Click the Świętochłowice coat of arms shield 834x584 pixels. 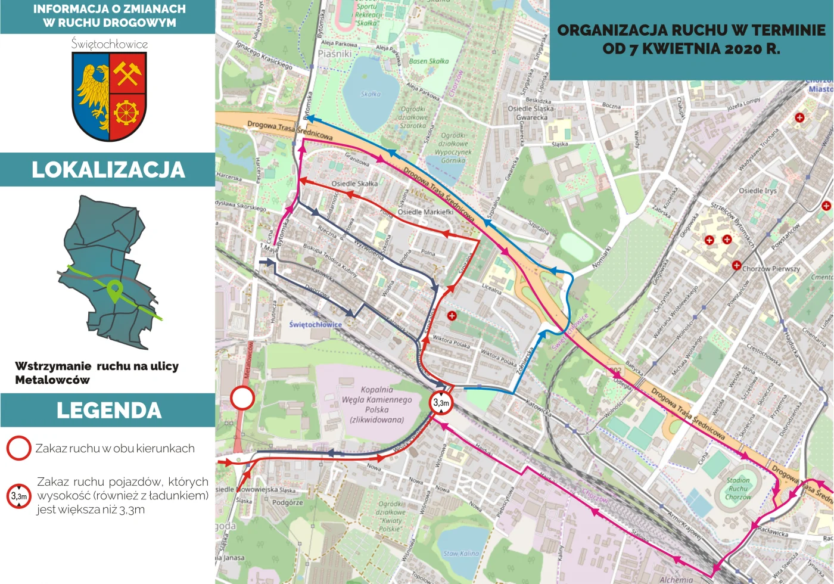109,95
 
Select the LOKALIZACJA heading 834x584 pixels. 108,170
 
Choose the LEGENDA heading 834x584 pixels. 108,411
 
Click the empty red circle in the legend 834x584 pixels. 18,449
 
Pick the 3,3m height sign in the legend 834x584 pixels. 18,496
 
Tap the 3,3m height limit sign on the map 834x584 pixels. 441,403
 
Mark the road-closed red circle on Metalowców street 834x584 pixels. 242,397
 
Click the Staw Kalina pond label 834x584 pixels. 461,554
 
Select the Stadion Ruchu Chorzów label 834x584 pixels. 738,488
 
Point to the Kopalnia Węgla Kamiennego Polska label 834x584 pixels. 376,404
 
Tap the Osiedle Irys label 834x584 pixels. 758,191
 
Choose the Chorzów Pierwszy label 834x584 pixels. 771,269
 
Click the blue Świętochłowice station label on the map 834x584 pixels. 315,325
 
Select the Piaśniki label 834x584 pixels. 334,54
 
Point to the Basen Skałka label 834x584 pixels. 429,61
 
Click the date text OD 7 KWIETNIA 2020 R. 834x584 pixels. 691,49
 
